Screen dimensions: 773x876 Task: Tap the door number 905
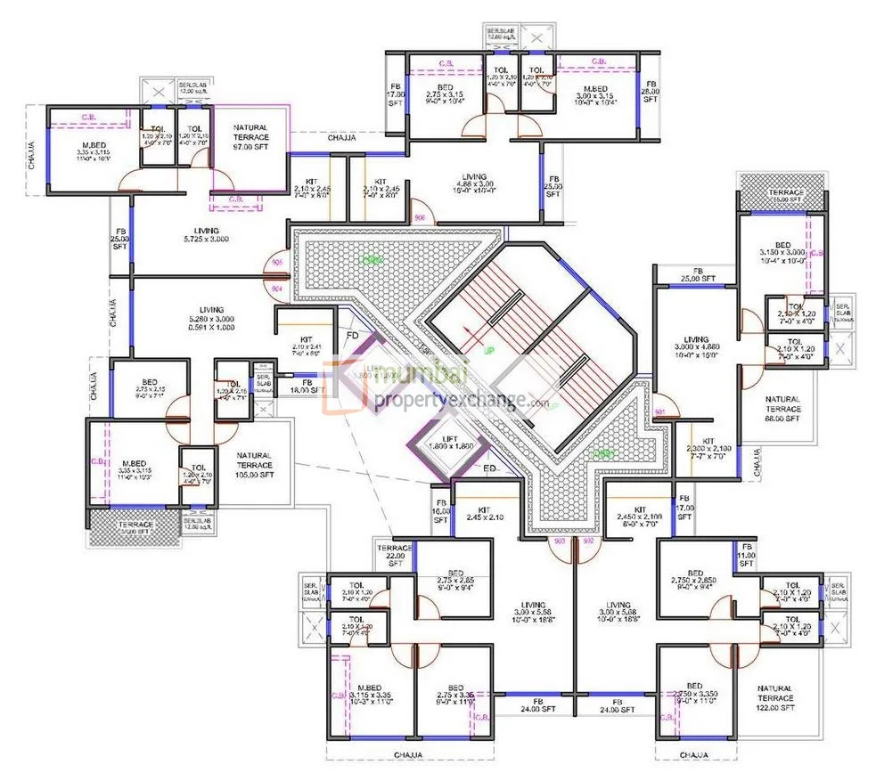[277, 263]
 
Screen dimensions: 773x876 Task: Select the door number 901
[660, 411]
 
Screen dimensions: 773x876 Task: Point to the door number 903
[560, 541]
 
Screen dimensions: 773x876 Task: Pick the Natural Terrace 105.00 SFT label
[255, 465]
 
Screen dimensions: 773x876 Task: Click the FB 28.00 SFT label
[650, 96]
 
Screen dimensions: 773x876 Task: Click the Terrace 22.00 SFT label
[395, 555]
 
